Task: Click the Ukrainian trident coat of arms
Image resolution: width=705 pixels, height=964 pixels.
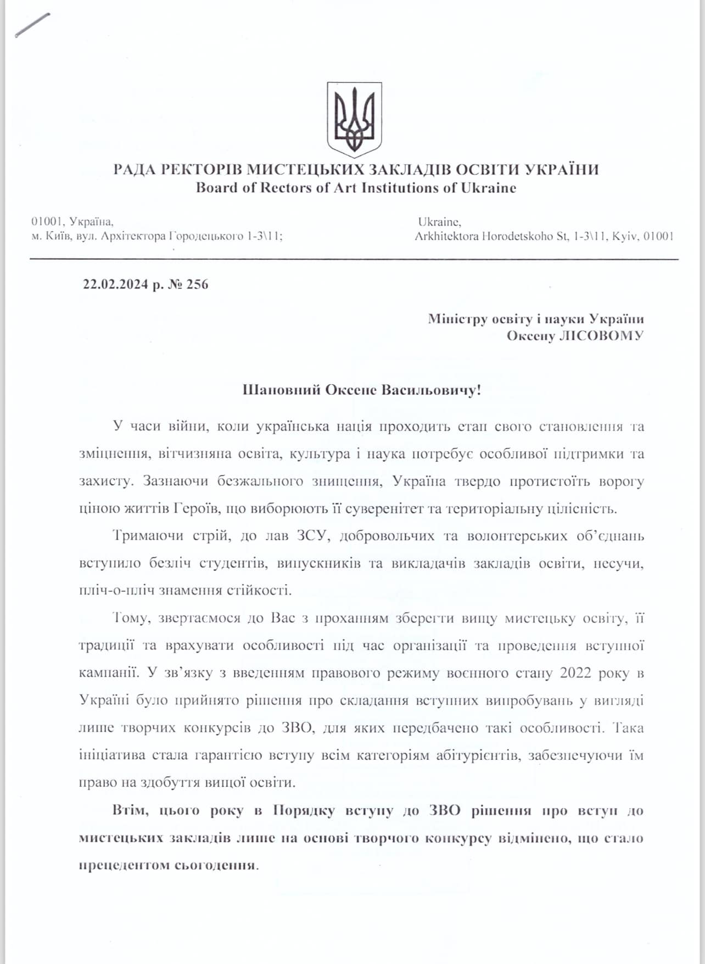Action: coord(354,119)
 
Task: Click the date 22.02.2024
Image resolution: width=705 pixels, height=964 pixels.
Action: coord(115,284)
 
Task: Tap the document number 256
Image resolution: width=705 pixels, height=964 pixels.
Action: coord(198,284)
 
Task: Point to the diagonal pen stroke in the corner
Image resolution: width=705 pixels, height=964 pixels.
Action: coord(32,25)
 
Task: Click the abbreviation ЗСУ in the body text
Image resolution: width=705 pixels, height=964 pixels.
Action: coord(312,536)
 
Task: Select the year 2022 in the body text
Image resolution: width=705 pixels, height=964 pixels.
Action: coord(575,673)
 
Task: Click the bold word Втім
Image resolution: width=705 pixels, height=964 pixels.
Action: coord(130,810)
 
